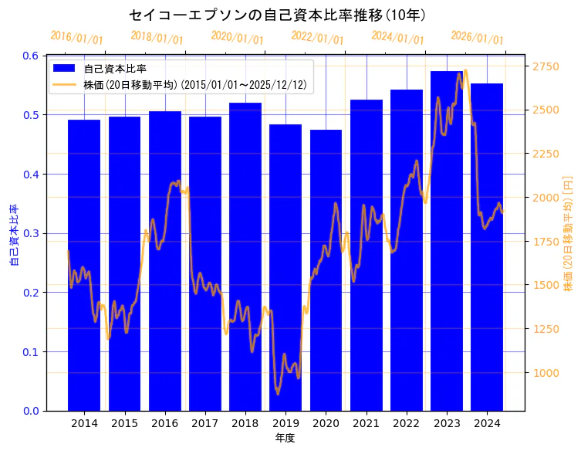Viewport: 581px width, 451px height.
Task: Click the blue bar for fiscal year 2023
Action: point(447,240)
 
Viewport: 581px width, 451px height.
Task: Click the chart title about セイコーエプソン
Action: point(277,15)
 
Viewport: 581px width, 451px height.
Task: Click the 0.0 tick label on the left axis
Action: point(30,411)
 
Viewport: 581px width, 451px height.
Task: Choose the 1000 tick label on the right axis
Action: point(546,373)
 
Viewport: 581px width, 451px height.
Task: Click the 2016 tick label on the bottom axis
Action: point(164,424)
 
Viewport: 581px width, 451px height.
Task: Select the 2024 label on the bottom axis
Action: point(487,424)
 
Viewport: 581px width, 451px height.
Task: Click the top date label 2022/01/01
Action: point(317,38)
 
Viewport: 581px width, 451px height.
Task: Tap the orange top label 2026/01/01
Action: point(477,38)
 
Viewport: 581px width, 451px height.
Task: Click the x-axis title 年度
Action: point(285,438)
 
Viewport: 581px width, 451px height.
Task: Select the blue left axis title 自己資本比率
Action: point(13,235)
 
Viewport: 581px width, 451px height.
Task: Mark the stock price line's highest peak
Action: point(465,70)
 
